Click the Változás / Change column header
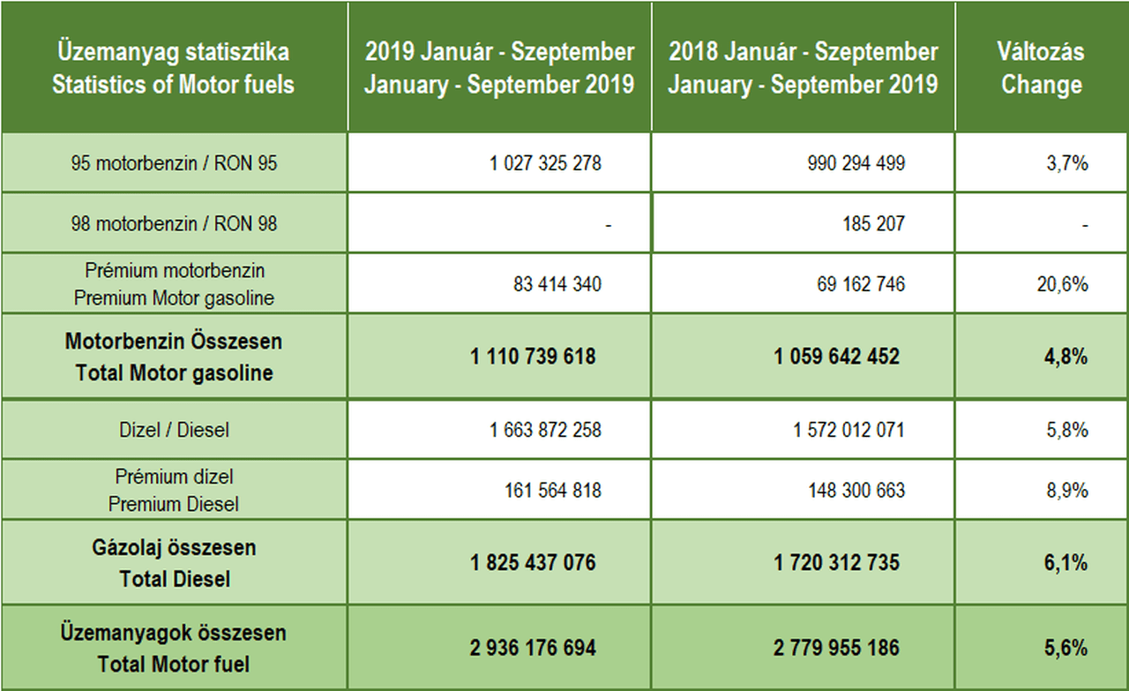(x=1041, y=68)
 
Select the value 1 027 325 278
(x=545, y=163)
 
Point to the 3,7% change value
(x=1067, y=163)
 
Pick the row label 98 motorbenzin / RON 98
(x=174, y=224)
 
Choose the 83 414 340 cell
(x=557, y=284)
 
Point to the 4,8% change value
(x=1065, y=357)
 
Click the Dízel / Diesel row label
(x=174, y=431)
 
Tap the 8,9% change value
(x=1067, y=490)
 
